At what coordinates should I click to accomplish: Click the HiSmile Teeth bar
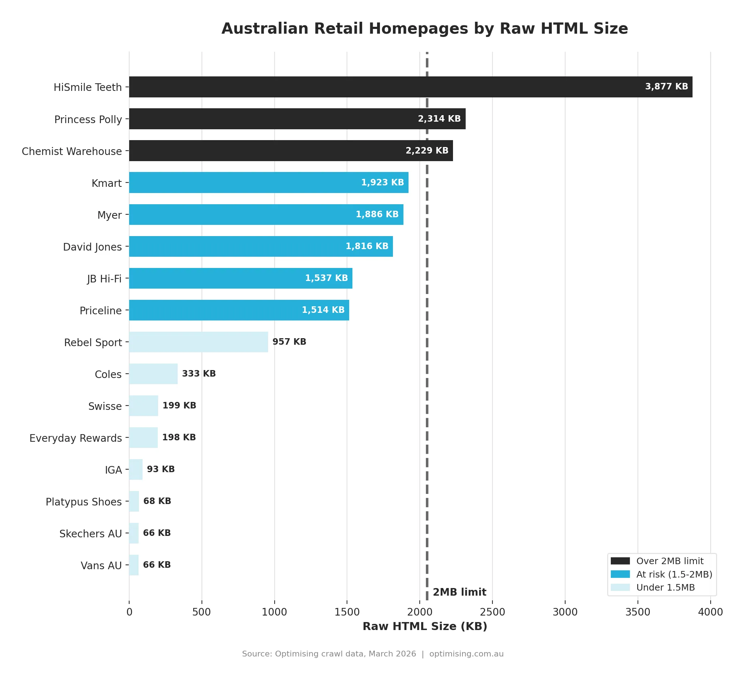(410, 87)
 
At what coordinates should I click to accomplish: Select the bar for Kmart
(269, 182)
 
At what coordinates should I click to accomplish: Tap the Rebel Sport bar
(198, 342)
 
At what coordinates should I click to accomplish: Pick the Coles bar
(153, 373)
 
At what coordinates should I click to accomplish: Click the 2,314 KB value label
(439, 119)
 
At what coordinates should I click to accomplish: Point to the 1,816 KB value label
(367, 246)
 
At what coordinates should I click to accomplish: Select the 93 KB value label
(161, 469)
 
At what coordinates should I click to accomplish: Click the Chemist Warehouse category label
(72, 151)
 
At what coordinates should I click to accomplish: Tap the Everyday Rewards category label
(75, 438)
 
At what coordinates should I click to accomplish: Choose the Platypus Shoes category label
(84, 502)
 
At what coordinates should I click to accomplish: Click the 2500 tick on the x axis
(492, 612)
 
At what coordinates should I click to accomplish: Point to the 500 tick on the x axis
(202, 612)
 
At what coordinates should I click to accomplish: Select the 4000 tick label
(710, 612)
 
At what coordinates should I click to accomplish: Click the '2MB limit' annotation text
(460, 592)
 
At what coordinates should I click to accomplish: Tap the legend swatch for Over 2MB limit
(620, 561)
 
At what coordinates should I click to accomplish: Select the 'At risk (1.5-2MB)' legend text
(674, 574)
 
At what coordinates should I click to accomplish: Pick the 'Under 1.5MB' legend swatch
(620, 587)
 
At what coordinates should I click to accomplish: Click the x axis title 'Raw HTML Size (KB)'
(425, 626)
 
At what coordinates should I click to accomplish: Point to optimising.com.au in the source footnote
(466, 654)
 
